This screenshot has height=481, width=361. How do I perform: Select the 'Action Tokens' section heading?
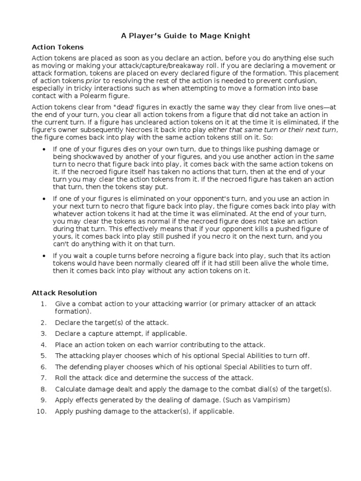57,47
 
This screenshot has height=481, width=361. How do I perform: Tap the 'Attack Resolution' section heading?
64,293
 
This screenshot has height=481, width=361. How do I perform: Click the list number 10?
42,411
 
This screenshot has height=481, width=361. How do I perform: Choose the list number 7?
43,378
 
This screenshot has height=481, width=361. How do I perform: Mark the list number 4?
43,344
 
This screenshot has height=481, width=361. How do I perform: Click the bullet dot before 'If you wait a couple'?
44,255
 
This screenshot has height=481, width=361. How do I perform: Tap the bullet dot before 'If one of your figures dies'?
44,149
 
